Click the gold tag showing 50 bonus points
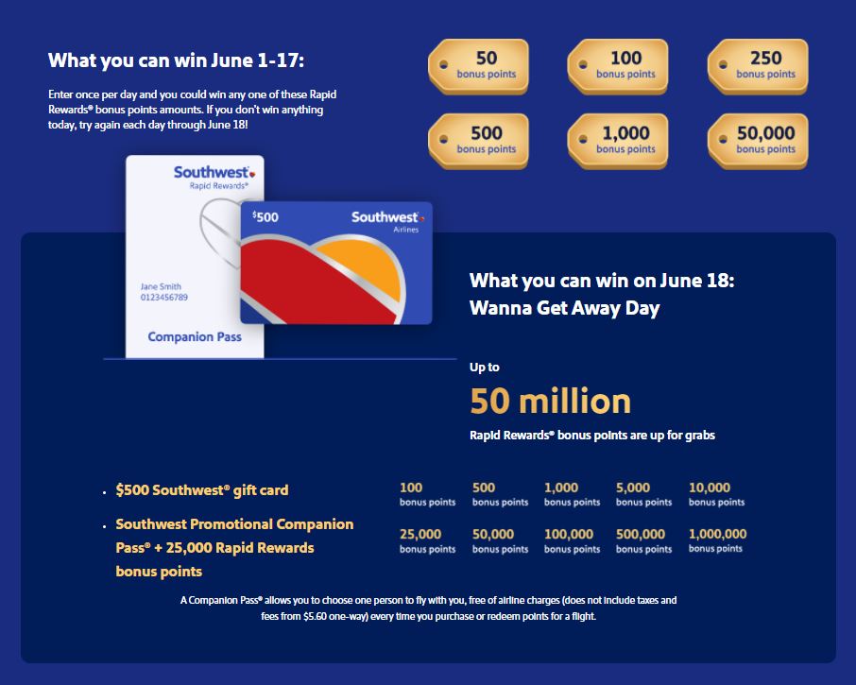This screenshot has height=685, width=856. coord(480,65)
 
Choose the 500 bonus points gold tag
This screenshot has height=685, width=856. coord(480,141)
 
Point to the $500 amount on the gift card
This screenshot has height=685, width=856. coord(265,216)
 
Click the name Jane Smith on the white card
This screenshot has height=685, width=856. coord(161,286)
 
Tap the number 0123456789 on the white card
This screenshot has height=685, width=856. coord(164,298)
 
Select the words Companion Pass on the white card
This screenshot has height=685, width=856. coord(195,336)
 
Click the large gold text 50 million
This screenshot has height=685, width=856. coord(551,401)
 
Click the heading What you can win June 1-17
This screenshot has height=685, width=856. coord(177,61)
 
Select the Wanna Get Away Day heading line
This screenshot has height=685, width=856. coord(564,307)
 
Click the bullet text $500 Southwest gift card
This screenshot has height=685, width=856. coord(202,490)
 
